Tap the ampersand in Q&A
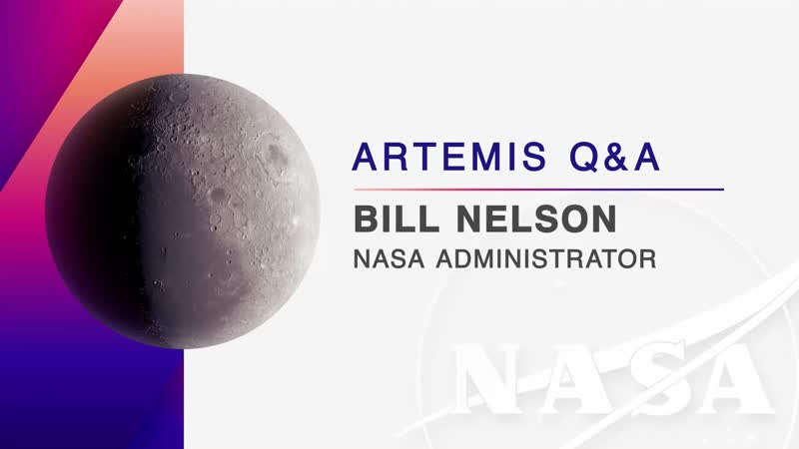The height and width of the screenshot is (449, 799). click(619, 159)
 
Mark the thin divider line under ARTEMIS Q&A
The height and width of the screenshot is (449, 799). click(537, 189)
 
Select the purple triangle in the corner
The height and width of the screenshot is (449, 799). click(40, 70)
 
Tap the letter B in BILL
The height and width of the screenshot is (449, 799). click(365, 219)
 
